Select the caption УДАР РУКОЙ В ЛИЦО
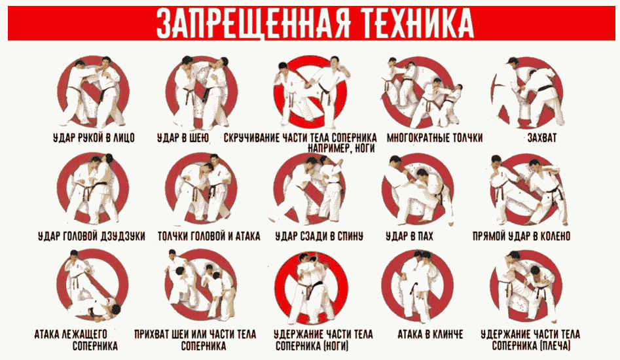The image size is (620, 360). [x=94, y=138]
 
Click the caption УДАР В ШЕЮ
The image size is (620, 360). [x=183, y=138]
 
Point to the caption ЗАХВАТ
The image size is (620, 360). [x=541, y=138]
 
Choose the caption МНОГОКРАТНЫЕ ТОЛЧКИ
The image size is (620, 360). [x=435, y=138]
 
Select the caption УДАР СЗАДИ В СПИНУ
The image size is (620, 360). [x=319, y=236]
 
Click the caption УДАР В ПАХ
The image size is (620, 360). [x=409, y=236]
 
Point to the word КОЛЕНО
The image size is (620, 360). [x=553, y=236]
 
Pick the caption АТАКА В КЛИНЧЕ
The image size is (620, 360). [x=429, y=334]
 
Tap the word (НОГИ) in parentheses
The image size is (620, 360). [x=336, y=346]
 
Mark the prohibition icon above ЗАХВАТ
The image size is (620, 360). [x=528, y=93]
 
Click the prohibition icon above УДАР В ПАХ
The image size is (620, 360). [x=418, y=190]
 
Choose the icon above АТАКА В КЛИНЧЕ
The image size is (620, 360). [x=418, y=286]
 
